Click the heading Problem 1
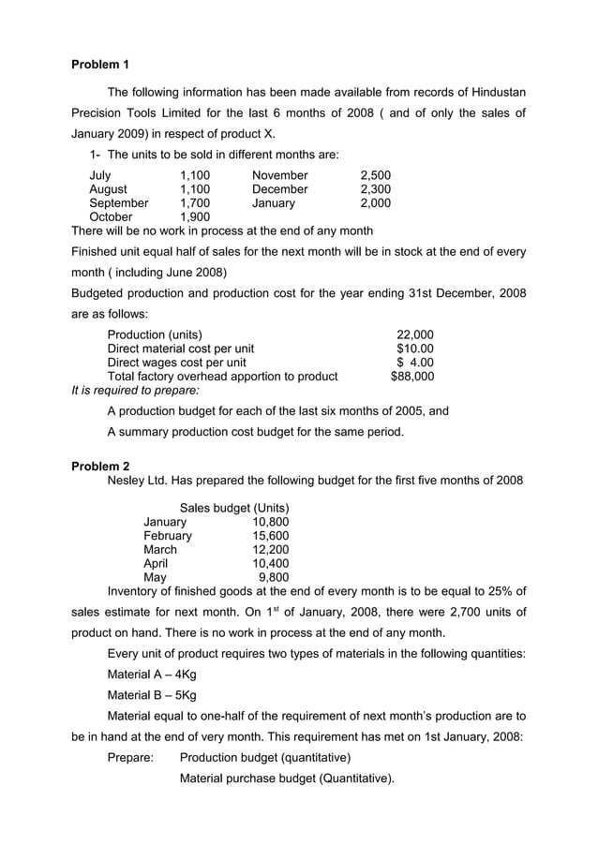[x=100, y=65]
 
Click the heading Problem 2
[x=100, y=466]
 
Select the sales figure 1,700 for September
[x=195, y=203]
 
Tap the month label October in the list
[x=112, y=217]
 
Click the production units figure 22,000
[x=415, y=334]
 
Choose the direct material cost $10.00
[x=415, y=349]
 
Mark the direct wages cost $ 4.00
[x=415, y=363]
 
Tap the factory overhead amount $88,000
[x=412, y=377]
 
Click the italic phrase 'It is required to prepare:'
[x=135, y=391]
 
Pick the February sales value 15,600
[x=271, y=536]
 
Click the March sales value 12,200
[x=271, y=550]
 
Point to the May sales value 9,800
[x=274, y=578]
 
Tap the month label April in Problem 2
[x=156, y=564]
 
